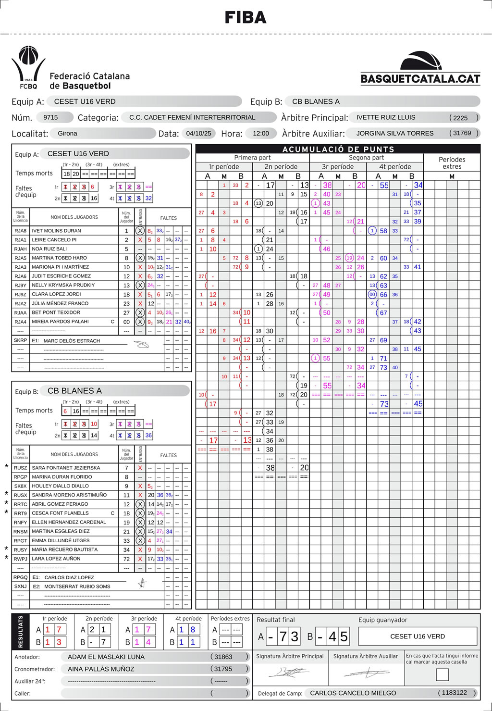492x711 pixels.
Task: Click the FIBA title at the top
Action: tap(246, 18)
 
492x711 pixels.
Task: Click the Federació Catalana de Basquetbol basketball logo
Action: tap(29, 67)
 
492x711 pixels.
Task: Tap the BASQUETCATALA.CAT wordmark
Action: tap(420, 79)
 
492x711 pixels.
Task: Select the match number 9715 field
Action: tap(50, 117)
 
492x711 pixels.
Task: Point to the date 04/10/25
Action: tap(198, 133)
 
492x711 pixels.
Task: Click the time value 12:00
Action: tap(261, 133)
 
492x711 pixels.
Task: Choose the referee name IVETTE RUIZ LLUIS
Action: tap(386, 117)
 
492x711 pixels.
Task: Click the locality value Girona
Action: tap(67, 133)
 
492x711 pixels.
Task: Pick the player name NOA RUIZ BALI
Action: tap(49, 249)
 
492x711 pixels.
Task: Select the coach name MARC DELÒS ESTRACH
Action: tap(72, 341)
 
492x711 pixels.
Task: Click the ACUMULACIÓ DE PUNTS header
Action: tap(338, 149)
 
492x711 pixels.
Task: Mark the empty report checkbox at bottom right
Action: tap(442, 674)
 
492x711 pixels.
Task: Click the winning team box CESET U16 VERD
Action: tap(418, 636)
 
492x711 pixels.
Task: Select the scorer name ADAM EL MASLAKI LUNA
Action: tap(106, 657)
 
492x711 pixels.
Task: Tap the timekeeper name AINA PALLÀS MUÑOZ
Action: tap(101, 669)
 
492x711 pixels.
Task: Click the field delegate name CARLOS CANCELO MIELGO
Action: tap(353, 693)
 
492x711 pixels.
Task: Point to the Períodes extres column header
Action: tap(452, 163)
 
